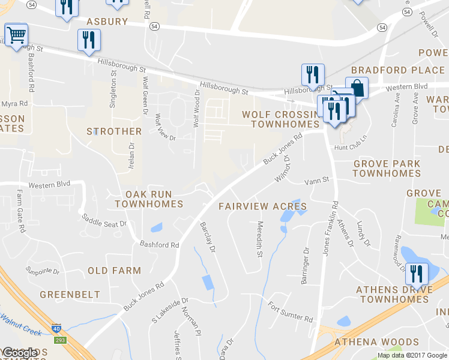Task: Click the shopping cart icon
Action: [x=16, y=35]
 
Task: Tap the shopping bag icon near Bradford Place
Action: [x=357, y=88]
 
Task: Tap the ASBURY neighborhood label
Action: [x=107, y=22]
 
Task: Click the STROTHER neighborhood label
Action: [x=114, y=131]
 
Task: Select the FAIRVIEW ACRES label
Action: [x=262, y=206]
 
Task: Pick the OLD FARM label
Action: [x=114, y=271]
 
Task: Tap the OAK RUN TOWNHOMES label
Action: [x=148, y=199]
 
